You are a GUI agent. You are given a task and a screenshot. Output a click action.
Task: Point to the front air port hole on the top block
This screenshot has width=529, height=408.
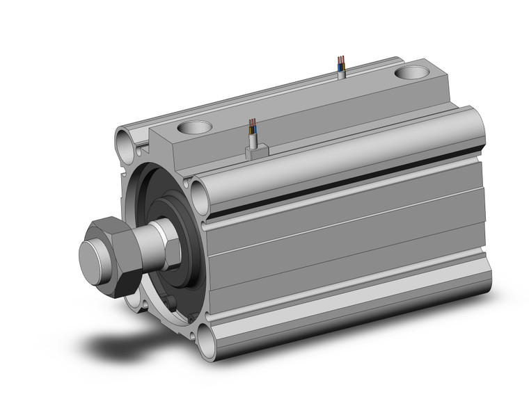pyautogui.click(x=194, y=128)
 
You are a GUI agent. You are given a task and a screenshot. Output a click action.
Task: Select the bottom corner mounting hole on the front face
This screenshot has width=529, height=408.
pyautogui.click(x=208, y=340)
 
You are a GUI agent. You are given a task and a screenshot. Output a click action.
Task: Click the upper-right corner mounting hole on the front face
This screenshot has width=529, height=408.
pyautogui.click(x=200, y=188)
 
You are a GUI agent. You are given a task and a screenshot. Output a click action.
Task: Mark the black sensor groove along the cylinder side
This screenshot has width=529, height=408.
pyautogui.click(x=348, y=175)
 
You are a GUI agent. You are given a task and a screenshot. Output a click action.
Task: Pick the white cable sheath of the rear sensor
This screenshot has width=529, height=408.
pyautogui.click(x=340, y=70)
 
